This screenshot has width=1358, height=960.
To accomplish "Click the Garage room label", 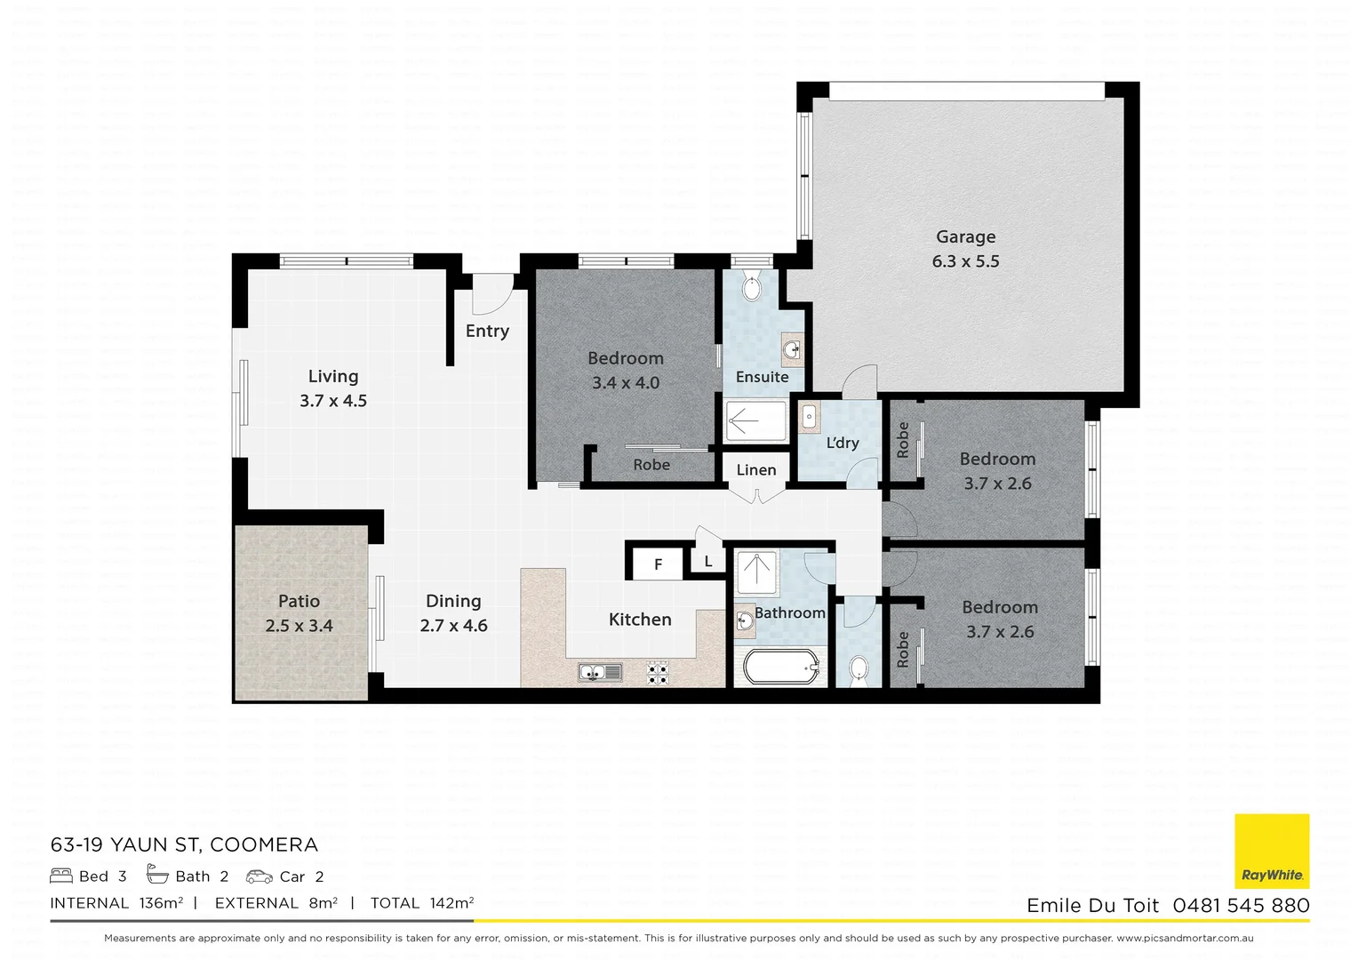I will tap(965, 237).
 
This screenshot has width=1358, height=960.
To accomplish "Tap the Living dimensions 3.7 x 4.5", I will tap(333, 401).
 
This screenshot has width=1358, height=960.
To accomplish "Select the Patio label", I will tap(299, 602).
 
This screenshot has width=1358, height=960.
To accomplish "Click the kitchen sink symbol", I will tap(601, 672).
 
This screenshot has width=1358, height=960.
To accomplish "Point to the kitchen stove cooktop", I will tap(658, 673).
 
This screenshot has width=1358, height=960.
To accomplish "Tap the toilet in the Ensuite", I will tap(752, 288).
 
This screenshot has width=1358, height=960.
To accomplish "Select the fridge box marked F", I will tap(658, 564).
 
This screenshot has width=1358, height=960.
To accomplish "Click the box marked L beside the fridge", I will tap(708, 562).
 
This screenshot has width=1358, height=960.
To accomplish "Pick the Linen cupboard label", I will tap(756, 470).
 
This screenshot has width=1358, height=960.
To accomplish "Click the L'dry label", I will tap(842, 443).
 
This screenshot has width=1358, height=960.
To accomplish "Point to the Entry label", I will tap(487, 332).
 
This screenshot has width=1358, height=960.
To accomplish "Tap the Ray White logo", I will tap(1272, 851).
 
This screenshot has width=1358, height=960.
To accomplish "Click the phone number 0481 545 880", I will tap(1241, 906).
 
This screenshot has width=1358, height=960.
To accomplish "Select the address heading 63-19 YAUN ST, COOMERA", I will tap(184, 844).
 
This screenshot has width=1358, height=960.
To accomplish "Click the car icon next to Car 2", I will tap(260, 876).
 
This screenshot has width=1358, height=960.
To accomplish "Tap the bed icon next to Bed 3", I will tap(61, 876).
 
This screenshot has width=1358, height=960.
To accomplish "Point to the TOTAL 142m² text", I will tap(421, 903).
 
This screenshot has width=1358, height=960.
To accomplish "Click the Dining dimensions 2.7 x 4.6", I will tap(453, 626).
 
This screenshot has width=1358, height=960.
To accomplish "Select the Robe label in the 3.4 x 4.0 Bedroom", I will tap(651, 465).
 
